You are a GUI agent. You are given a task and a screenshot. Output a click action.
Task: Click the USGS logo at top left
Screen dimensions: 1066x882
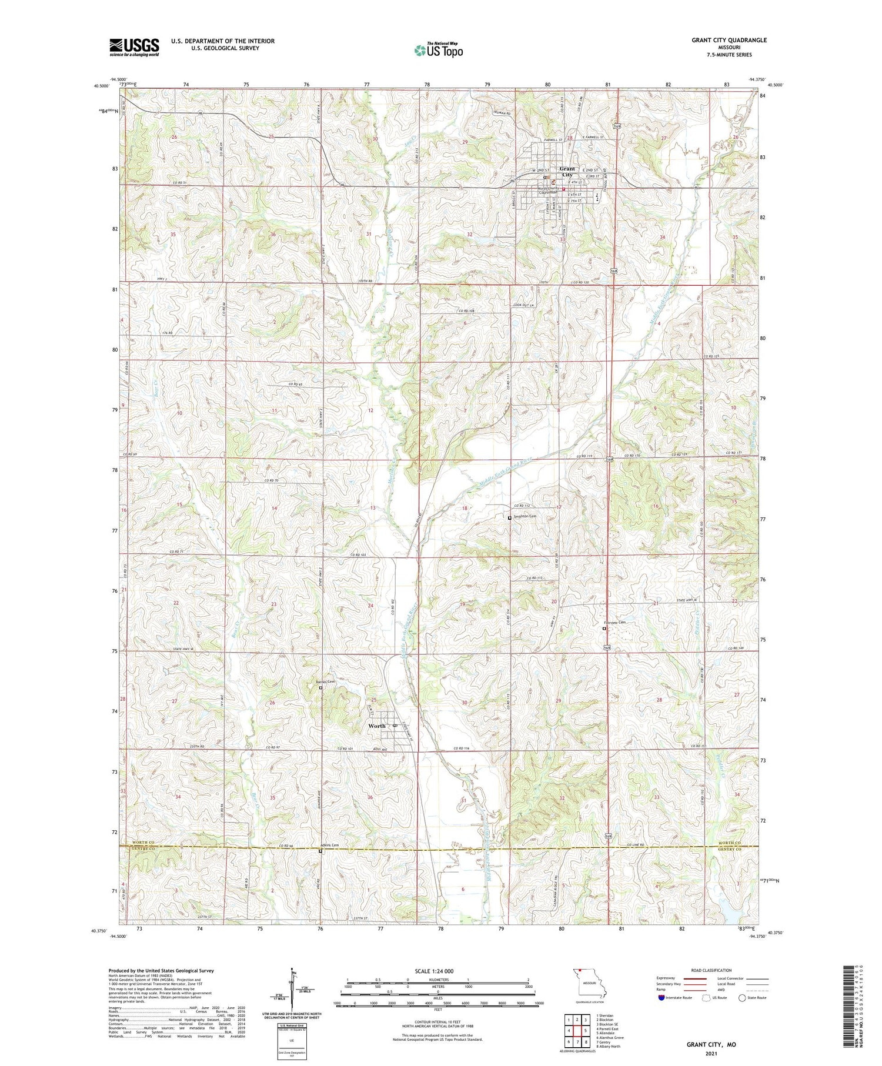(x=134, y=47)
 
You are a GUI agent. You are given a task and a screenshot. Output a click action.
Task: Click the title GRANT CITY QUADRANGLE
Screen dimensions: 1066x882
(x=729, y=40)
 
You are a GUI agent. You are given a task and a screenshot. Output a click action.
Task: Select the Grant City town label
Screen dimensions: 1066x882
(x=566, y=171)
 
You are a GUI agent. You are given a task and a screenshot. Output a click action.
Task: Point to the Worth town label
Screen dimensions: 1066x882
(x=376, y=726)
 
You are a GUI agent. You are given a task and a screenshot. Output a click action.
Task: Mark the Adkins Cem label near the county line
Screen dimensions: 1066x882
(x=331, y=845)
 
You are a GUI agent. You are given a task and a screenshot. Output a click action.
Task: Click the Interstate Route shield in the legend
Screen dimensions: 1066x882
(x=662, y=998)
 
